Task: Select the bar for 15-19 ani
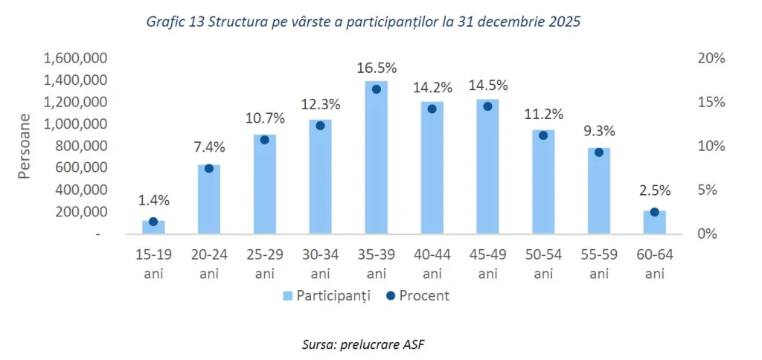[x=153, y=227]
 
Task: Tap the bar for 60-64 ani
[x=654, y=222]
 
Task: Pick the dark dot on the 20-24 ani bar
[x=209, y=168]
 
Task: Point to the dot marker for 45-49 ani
[x=487, y=106]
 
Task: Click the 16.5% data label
[x=377, y=66]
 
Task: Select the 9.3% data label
[x=599, y=130]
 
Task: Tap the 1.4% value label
[x=153, y=199]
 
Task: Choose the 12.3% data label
[x=321, y=103]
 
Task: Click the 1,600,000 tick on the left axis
[x=77, y=58]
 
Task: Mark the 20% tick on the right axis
[x=712, y=58]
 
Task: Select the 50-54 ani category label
[x=543, y=264]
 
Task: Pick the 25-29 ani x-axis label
[x=265, y=264]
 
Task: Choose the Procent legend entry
[x=416, y=295]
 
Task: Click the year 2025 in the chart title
[x=564, y=22]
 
